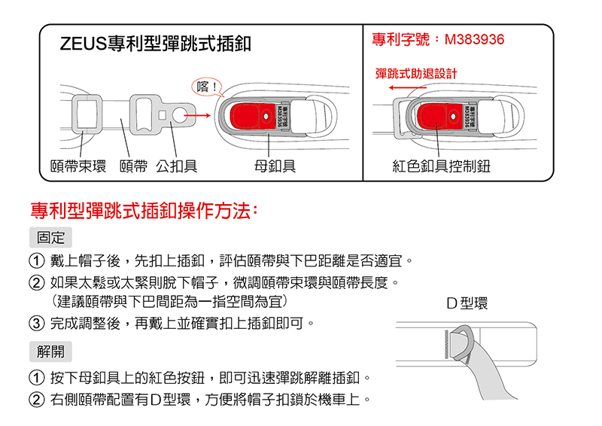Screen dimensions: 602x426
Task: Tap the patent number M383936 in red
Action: (x=438, y=39)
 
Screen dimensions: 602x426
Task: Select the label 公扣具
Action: (x=176, y=166)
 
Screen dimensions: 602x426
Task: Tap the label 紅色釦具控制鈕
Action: (x=441, y=166)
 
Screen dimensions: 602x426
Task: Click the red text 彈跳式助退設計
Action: (x=415, y=73)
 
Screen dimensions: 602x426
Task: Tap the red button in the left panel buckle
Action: (x=251, y=117)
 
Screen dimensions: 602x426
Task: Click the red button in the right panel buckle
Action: (x=438, y=117)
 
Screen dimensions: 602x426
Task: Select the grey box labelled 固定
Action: (x=50, y=237)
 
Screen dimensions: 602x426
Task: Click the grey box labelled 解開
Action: (x=50, y=350)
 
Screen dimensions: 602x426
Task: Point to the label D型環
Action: (x=467, y=304)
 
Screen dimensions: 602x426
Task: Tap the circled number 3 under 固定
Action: (x=35, y=324)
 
